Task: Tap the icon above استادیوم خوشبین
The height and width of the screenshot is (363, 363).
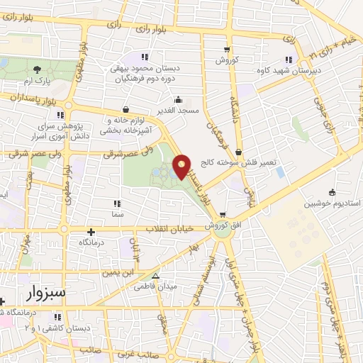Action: pyautogui.click(x=331, y=191)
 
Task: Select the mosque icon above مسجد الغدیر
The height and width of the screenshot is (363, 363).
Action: pyautogui.click(x=179, y=99)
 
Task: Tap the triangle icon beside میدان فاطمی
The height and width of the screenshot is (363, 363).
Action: pyautogui.click(x=155, y=277)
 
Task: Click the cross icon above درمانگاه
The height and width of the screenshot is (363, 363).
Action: pyautogui.click(x=91, y=231)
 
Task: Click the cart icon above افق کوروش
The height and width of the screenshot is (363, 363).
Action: pyautogui.click(x=223, y=215)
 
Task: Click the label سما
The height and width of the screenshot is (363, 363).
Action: pyautogui.click(x=117, y=214)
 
